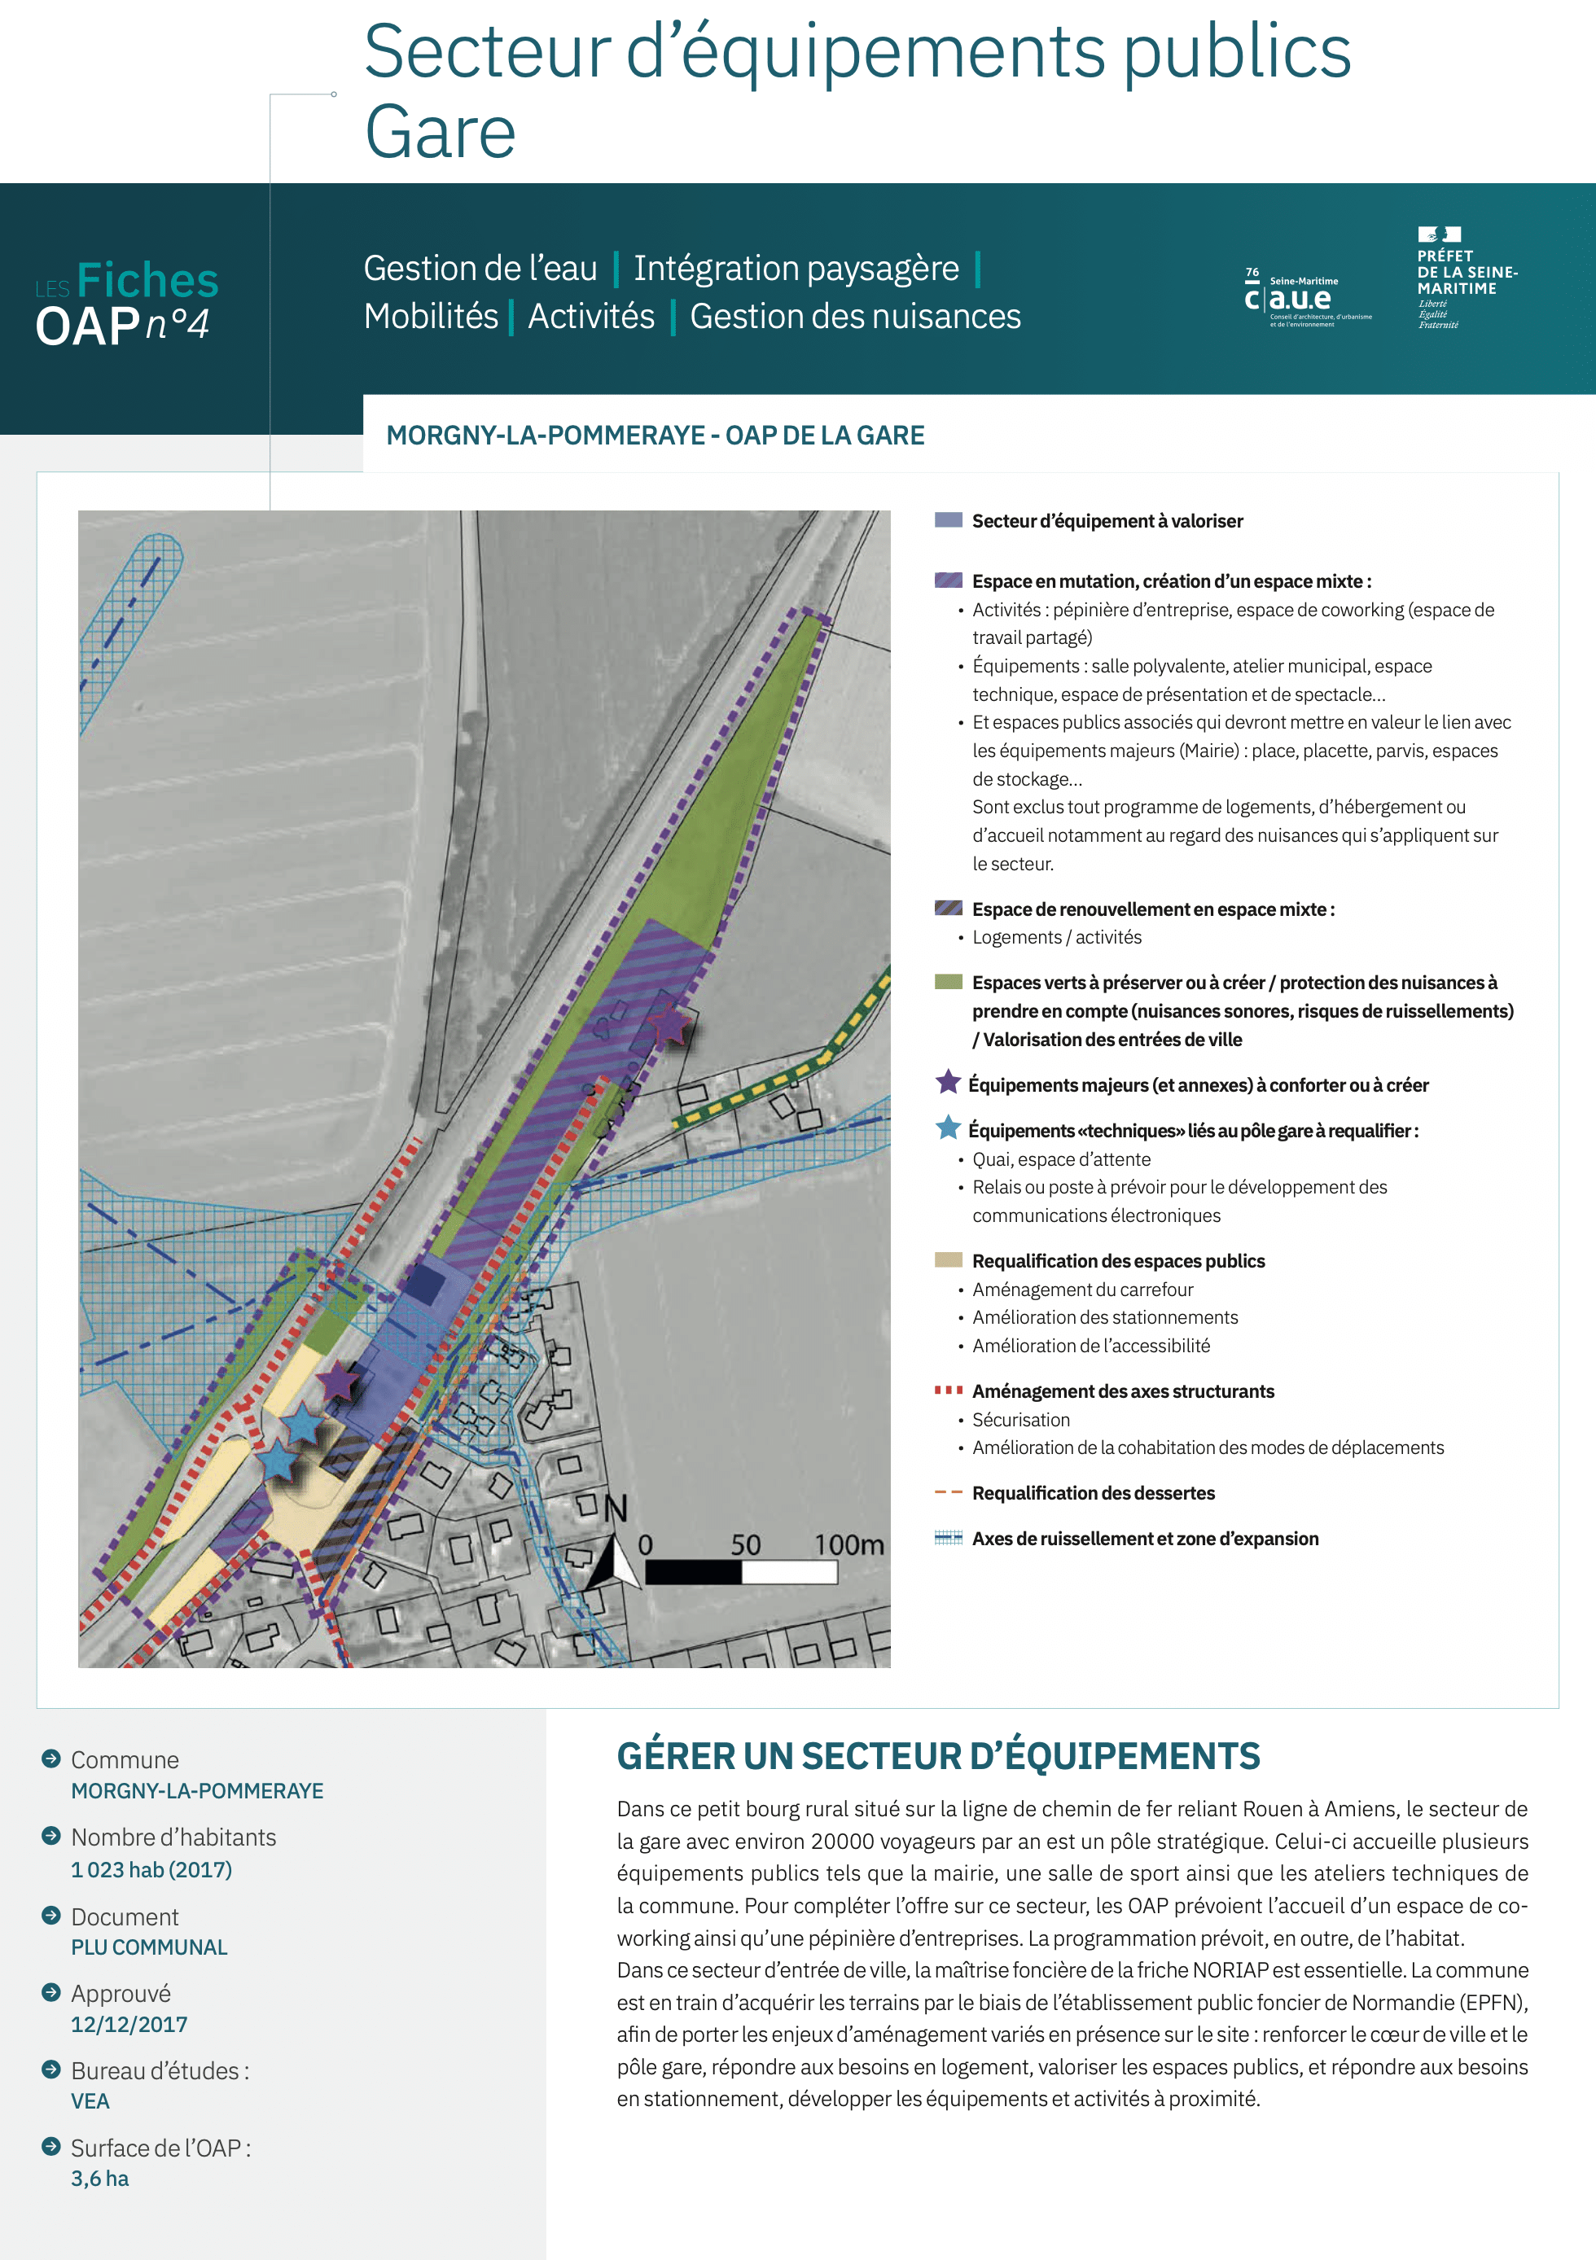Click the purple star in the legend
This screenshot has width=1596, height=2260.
(948, 1082)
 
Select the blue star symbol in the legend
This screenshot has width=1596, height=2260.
(948, 1128)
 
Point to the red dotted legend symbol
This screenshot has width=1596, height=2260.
(948, 1390)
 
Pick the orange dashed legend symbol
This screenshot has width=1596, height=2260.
(948, 1492)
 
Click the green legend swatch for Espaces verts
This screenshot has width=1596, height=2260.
(948, 981)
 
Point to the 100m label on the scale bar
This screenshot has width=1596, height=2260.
(848, 1544)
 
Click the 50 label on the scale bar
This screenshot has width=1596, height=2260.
(745, 1544)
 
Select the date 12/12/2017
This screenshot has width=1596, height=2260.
(129, 2024)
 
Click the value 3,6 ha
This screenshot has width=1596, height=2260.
(99, 2179)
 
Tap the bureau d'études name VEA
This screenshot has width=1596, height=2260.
(90, 2100)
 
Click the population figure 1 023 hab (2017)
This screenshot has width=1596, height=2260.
(151, 1869)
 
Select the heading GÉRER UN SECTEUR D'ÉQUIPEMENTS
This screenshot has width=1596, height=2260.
(938, 1756)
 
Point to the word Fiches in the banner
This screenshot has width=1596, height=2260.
(147, 281)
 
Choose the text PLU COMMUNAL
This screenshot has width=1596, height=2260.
(149, 1947)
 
